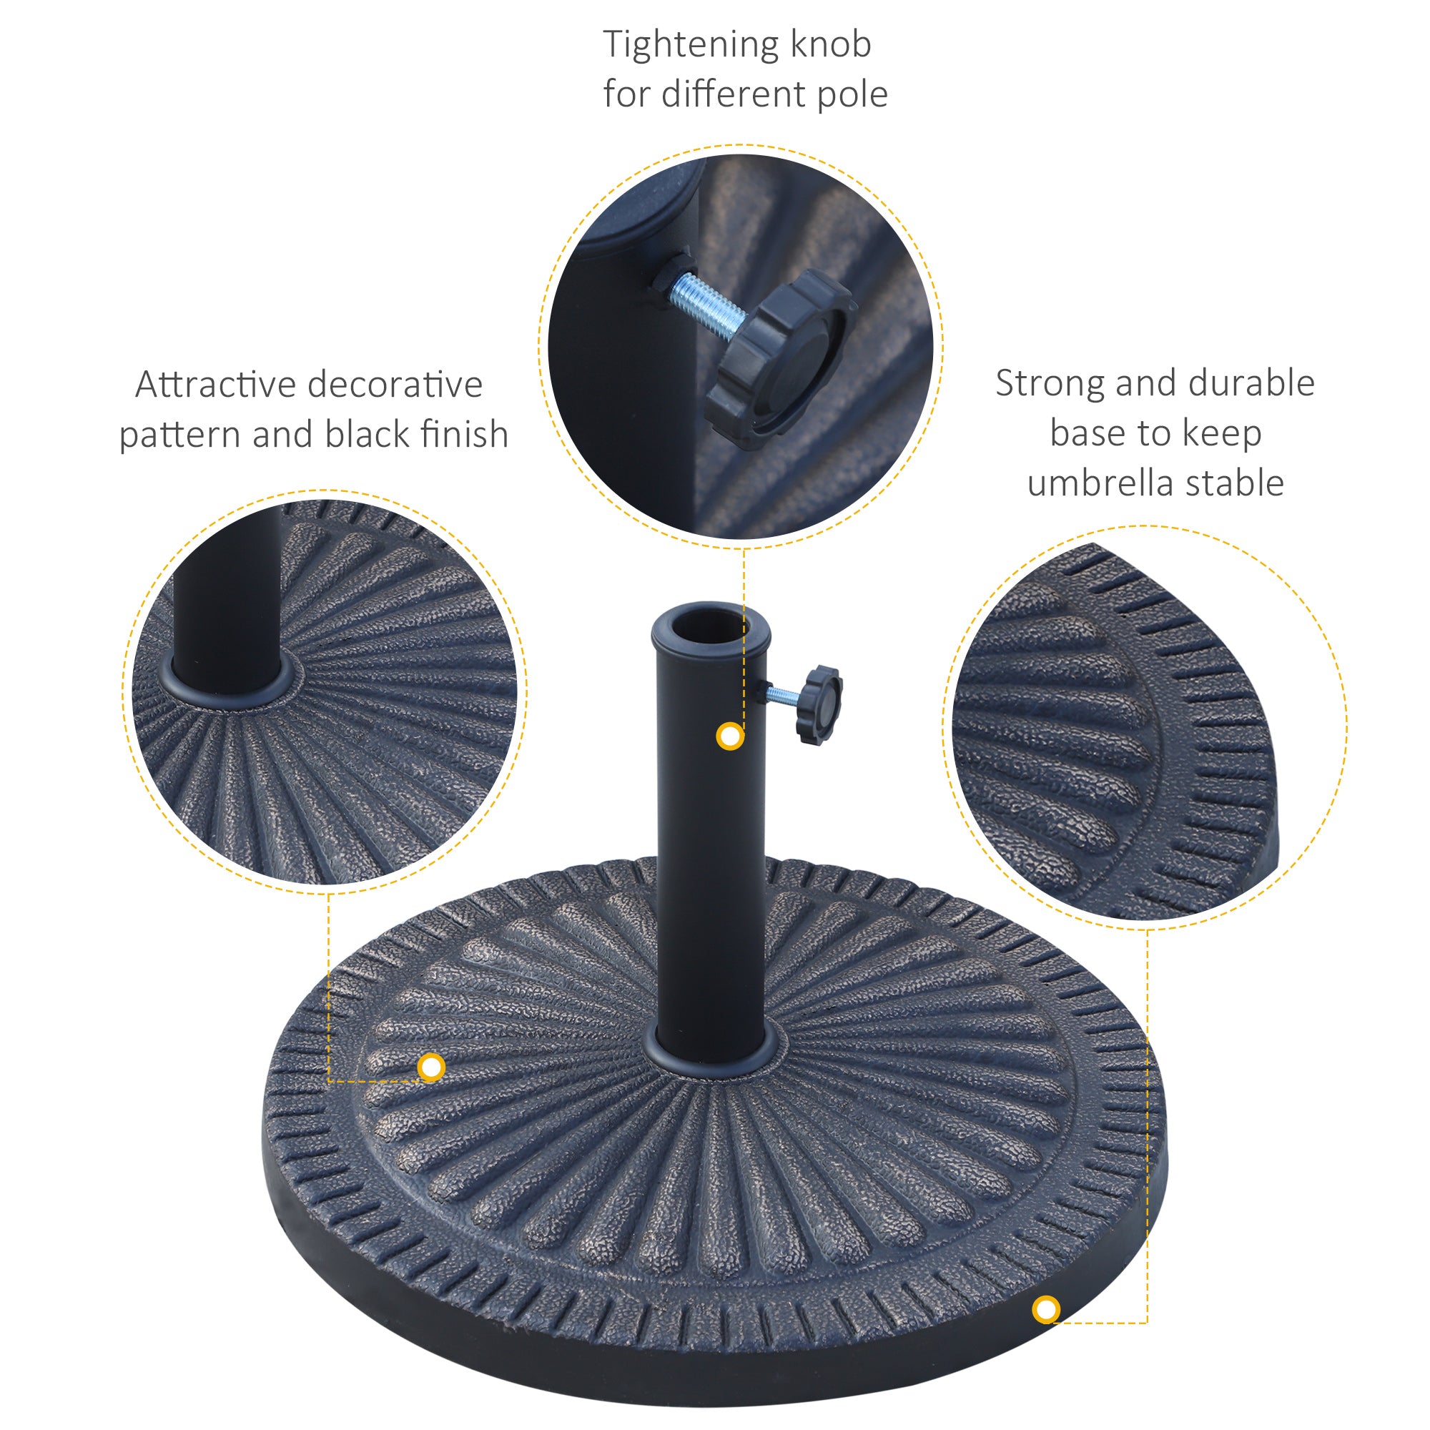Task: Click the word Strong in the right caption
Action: click(1049, 384)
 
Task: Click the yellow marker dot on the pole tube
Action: click(731, 736)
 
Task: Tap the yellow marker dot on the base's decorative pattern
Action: click(430, 1067)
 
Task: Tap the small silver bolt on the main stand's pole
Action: click(781, 694)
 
